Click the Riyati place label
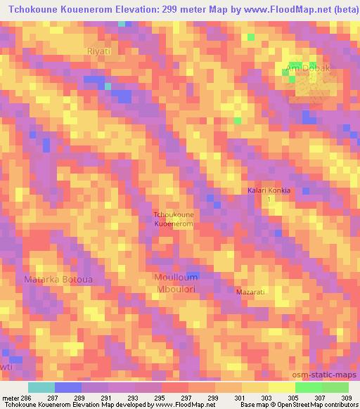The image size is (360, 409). tap(99, 51)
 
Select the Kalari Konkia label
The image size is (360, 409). tap(269, 190)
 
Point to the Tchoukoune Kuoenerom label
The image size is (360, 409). tap(174, 219)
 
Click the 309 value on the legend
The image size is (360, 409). tap(347, 397)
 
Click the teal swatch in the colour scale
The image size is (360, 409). tap(41, 387)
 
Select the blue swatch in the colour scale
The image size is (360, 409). tap(68, 387)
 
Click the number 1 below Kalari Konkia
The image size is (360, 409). tap(268, 200)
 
